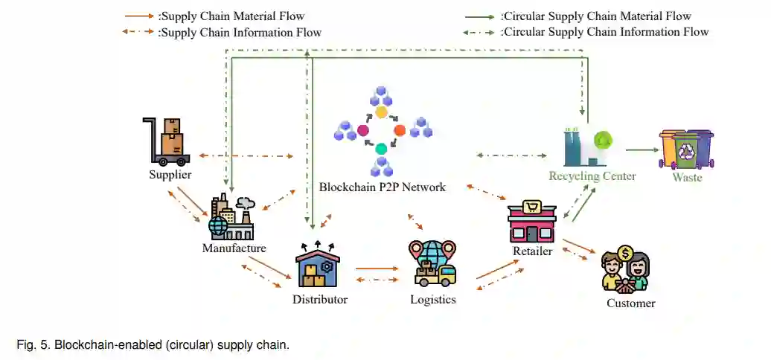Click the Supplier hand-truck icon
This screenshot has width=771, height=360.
[x=167, y=141]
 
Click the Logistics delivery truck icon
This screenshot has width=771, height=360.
[x=432, y=264]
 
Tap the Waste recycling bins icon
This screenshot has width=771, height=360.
[x=686, y=150]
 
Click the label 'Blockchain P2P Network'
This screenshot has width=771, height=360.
[x=382, y=187]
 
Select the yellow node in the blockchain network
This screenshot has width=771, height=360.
[x=381, y=112]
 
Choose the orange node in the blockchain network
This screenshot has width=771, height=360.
[x=400, y=130]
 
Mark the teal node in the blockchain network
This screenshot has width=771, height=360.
[x=381, y=148]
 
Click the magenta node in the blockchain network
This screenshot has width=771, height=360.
[x=363, y=130]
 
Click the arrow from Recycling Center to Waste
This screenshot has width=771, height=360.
[x=642, y=150]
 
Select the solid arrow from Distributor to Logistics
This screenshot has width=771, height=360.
[x=377, y=269]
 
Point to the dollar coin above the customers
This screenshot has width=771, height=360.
[x=626, y=254]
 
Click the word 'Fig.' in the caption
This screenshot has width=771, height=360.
[x=25, y=345]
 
